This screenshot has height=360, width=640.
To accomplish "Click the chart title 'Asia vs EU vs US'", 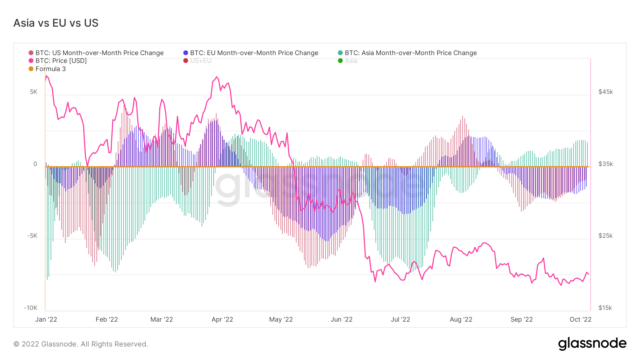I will click(56, 23).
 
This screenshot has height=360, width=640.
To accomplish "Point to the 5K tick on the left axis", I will click(33, 92).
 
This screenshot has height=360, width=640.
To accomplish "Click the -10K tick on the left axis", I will click(31, 308).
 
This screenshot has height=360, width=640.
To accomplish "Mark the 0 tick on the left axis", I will click(35, 164).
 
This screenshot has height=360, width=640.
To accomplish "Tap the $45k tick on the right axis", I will click(606, 92).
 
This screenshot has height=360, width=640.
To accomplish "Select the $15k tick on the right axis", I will click(605, 308).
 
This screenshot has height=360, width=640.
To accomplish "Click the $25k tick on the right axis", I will click(606, 236).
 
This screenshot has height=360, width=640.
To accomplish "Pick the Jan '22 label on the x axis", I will click(46, 319).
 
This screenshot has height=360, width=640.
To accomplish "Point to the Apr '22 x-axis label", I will click(222, 319).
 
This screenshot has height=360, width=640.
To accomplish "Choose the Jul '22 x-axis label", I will click(400, 319).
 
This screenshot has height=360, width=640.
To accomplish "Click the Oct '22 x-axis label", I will click(580, 319).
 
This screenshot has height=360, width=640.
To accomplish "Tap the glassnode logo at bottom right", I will click(592, 344).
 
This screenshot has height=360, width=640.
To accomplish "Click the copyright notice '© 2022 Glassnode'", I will click(81, 344).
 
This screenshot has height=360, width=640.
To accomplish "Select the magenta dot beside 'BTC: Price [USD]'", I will click(31, 61).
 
